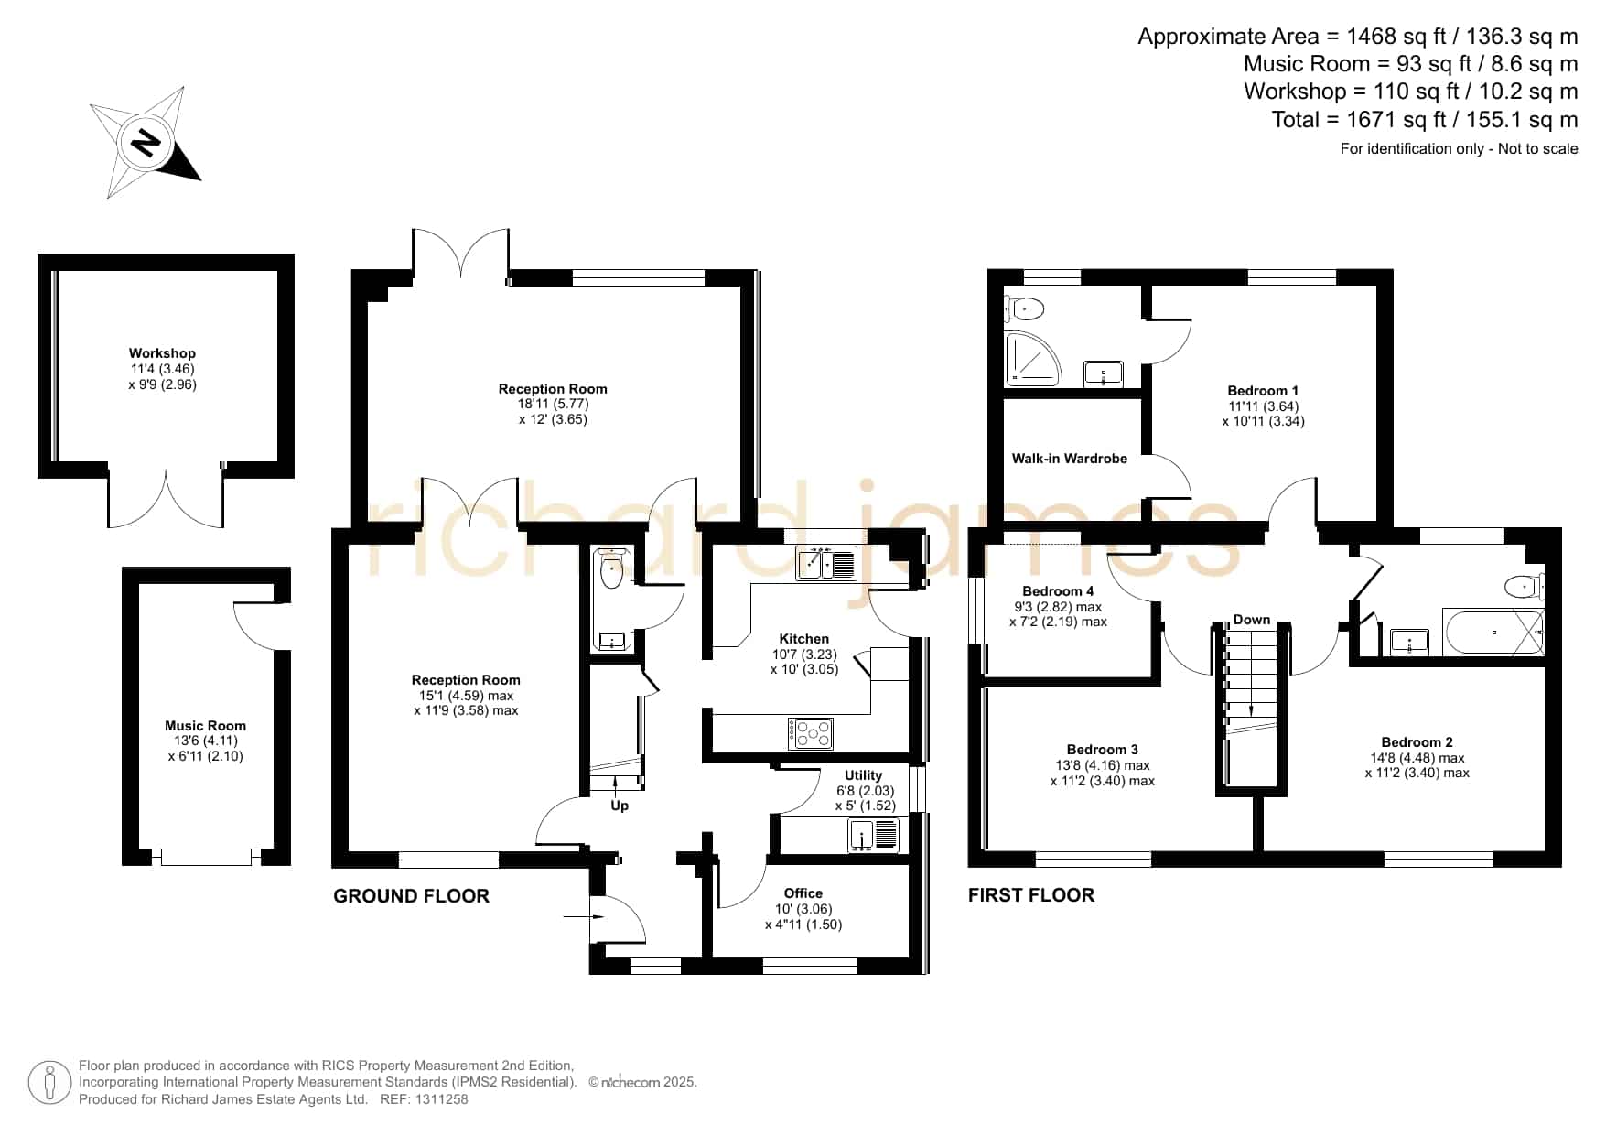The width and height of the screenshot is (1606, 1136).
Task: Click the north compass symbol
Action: (x=146, y=143)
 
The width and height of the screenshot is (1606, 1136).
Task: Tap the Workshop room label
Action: (x=162, y=353)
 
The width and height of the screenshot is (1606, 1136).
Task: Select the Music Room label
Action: (x=205, y=726)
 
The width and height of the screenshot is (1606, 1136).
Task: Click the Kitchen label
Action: (x=803, y=639)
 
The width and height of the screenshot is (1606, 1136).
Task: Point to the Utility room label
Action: (x=863, y=775)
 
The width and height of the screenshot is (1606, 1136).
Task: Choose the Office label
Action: (x=803, y=893)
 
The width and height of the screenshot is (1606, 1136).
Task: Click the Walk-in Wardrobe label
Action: (x=1069, y=459)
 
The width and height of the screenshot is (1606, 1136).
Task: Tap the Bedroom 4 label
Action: (x=1058, y=591)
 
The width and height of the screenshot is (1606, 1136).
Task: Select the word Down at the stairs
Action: (x=1251, y=620)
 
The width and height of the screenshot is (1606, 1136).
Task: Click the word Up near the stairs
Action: (x=620, y=806)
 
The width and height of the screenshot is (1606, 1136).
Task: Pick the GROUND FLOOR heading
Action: (x=411, y=896)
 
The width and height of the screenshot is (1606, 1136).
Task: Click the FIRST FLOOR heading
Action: (x=1031, y=895)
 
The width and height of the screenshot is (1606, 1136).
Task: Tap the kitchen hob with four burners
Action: (x=811, y=733)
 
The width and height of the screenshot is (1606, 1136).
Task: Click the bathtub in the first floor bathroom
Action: (x=1493, y=632)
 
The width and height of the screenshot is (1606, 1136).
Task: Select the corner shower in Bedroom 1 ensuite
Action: (x=1032, y=358)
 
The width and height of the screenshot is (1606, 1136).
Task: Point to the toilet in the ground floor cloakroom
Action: (x=610, y=569)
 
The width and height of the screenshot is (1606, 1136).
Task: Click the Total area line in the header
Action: (x=1425, y=120)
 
